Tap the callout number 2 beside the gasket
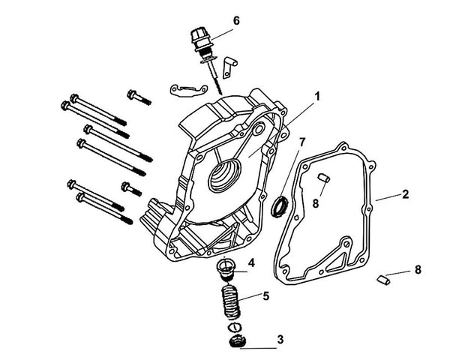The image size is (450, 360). click(406, 193)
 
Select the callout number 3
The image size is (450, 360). click(280, 339)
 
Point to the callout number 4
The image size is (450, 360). click(251, 262)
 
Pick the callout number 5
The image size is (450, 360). click(265, 295)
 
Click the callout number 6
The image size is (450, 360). click(236, 20)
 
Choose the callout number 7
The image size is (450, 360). click(302, 142)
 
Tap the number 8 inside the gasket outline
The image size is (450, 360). click(316, 202)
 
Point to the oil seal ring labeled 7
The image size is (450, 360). click(280, 205)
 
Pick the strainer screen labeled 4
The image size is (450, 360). click(226, 268)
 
